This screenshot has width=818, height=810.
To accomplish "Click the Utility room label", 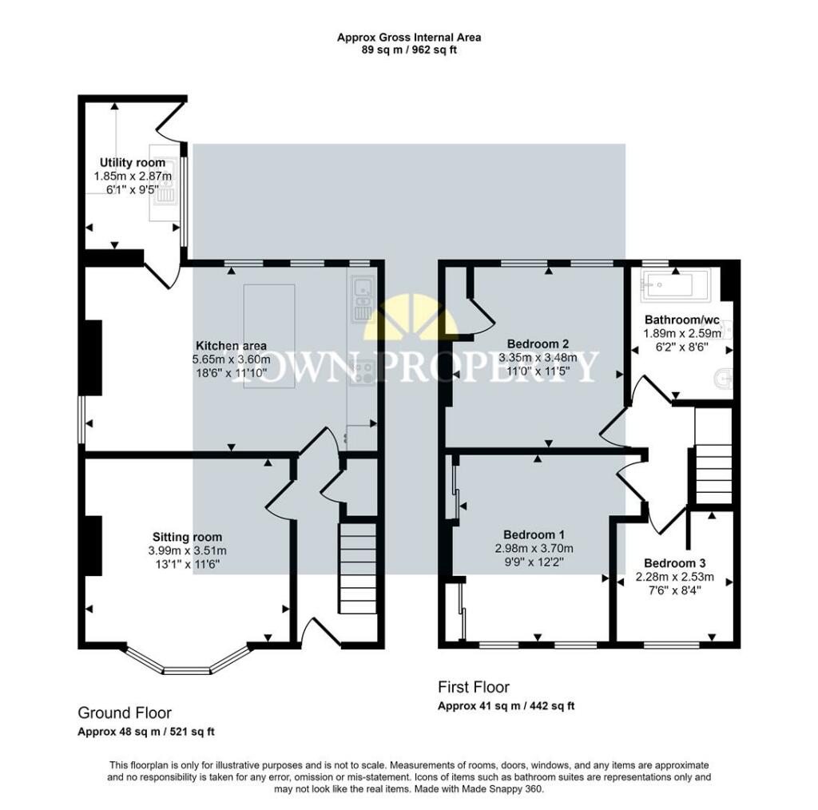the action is tap(133, 163).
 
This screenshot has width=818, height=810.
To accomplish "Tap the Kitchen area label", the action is tap(231, 346).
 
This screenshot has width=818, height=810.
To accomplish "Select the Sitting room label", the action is tap(187, 537).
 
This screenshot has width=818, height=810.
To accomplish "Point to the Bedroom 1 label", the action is tap(534, 534).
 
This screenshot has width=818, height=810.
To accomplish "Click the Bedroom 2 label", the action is tap(538, 343).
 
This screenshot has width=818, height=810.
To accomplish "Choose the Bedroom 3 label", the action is tap(674, 563).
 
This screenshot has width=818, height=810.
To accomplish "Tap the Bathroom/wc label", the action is tap(682, 320).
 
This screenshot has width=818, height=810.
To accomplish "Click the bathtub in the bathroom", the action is tap(676, 285).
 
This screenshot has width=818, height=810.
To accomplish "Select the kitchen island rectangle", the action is tap(269, 336).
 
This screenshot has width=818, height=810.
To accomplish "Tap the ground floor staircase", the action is tap(358, 568).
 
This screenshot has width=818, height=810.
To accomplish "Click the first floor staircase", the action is tap(713, 456).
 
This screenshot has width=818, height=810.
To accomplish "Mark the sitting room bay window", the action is tap(187, 662).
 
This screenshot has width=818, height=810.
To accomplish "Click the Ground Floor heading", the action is tap(125, 713).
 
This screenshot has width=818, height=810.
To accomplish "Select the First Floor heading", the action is tap(474, 687).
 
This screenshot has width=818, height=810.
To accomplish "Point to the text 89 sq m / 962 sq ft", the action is tap(409, 50).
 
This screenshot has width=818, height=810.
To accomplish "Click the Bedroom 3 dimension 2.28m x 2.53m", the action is tap(674, 577).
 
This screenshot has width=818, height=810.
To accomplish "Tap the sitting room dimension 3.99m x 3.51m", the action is tap(187, 550).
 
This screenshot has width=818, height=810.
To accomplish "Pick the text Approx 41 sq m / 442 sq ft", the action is tap(506, 706).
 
